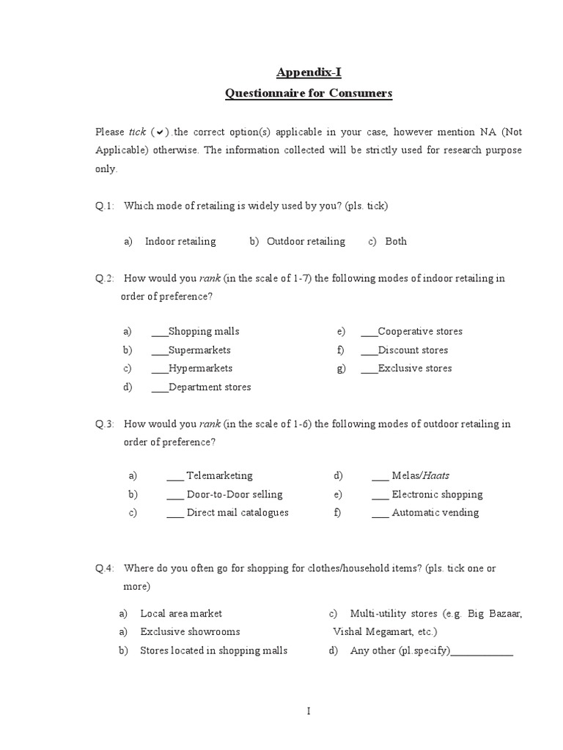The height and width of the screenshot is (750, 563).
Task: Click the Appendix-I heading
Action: [x=309, y=72]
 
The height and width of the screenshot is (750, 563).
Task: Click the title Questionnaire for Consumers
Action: [x=309, y=93]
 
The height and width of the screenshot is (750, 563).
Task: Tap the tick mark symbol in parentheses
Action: [x=161, y=133]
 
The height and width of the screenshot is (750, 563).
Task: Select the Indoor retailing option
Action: [x=180, y=241]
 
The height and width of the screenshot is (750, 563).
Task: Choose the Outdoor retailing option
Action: [x=305, y=241]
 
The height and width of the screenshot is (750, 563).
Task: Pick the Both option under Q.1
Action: [x=396, y=241]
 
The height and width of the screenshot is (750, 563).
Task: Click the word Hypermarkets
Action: [x=200, y=368]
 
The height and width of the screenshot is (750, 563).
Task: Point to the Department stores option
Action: [x=209, y=387]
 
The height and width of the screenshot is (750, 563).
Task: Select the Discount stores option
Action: [x=413, y=350]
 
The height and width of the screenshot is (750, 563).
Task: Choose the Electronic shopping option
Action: [x=437, y=494]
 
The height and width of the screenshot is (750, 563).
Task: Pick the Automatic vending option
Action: [x=435, y=513]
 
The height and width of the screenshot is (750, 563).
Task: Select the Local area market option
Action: [x=181, y=613]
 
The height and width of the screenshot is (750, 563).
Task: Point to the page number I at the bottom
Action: [x=309, y=710]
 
